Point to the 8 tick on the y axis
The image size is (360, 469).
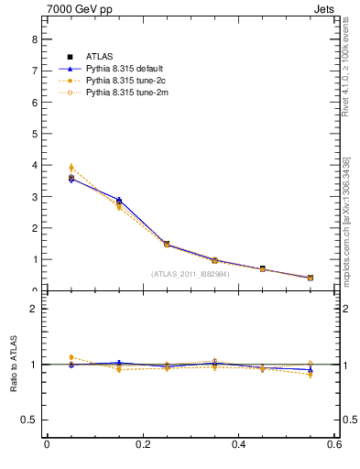pyautogui.click(x=35, y=39)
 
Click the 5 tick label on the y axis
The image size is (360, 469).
pyautogui.click(x=35, y=134)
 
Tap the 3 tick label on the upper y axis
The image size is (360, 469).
pyautogui.click(x=35, y=197)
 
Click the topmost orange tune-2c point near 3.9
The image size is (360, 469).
pyautogui.click(x=71, y=168)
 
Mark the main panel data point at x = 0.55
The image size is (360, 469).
pyautogui.click(x=311, y=278)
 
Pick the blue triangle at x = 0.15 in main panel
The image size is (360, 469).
pyautogui.click(x=119, y=200)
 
